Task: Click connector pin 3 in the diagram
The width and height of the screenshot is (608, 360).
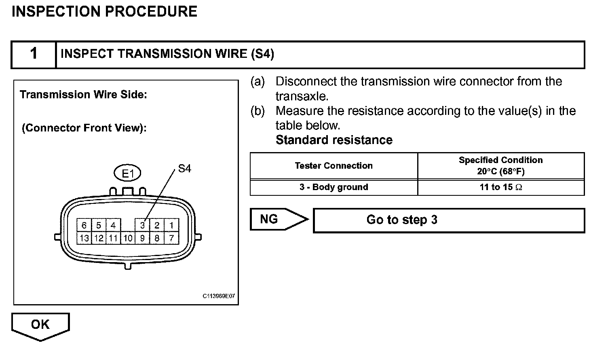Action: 142,225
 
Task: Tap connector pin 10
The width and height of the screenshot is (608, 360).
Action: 128,238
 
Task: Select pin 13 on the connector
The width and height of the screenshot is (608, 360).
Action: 84,238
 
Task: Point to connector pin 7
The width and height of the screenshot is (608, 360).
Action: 171,238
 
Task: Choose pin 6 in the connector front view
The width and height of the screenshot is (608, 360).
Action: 84,225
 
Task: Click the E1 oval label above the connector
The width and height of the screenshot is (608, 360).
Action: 127,174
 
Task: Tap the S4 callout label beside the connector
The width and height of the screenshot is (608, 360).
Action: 184,169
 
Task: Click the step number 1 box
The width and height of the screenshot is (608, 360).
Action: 34,54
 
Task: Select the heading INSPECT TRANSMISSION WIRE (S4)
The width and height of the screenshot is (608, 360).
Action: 167,54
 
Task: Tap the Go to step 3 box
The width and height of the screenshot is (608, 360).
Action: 449,220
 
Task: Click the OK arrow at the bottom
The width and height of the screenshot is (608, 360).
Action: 40,324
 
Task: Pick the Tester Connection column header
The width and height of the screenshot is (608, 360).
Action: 334,165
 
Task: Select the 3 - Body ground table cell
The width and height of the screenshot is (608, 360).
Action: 334,187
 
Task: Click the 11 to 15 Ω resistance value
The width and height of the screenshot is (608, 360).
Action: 501,187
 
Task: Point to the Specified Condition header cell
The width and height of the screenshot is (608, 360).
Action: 501,165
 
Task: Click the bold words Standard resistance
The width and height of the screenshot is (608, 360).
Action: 334,140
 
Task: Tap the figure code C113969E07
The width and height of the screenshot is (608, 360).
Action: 219,296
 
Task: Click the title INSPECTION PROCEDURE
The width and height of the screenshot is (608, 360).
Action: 105,11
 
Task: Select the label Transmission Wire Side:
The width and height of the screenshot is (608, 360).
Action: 83,95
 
